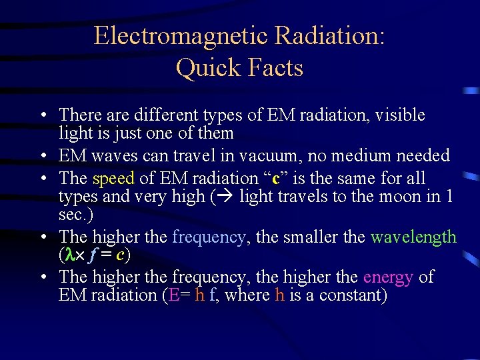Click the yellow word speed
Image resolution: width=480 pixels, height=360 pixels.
(x=114, y=179)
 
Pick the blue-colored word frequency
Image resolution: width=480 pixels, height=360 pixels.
(x=208, y=237)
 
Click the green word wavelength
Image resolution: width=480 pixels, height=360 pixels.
(x=413, y=237)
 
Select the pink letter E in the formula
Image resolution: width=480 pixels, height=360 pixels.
(x=175, y=295)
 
